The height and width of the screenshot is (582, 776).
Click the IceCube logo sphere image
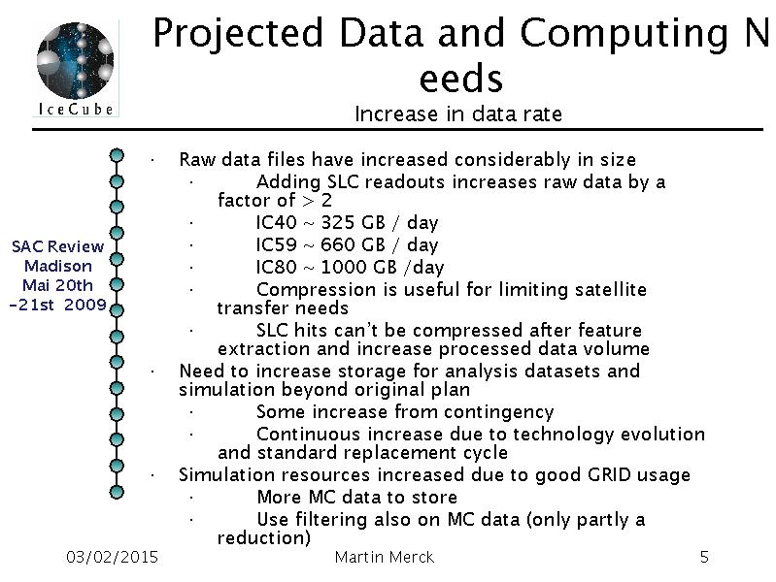tap(75, 60)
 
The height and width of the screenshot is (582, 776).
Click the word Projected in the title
tap(239, 34)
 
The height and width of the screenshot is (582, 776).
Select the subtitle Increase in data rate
tap(458, 113)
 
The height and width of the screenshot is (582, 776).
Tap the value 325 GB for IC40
tap(353, 222)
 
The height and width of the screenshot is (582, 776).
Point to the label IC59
tap(276, 244)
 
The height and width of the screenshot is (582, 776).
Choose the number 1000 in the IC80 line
tap(343, 267)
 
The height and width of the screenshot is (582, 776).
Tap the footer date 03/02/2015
tap(112, 558)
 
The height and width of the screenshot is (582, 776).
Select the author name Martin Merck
tap(385, 558)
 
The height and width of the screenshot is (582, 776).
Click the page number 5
tap(704, 558)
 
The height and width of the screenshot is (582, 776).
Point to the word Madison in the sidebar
tap(58, 266)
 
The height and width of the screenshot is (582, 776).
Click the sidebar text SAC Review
tap(58, 246)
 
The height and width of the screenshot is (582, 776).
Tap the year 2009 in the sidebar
tap(85, 305)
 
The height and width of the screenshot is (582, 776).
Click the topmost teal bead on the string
tap(117, 155)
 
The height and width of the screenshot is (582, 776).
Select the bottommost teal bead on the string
tap(117, 492)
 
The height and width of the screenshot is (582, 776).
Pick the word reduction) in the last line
tap(264, 538)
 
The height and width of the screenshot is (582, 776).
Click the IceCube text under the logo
tap(76, 109)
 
